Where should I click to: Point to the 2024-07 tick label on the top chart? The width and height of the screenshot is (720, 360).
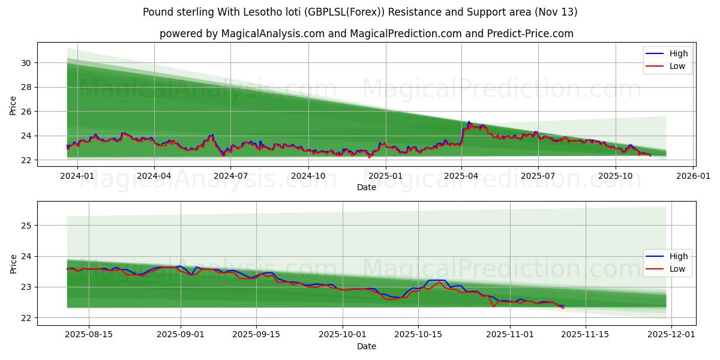coord(230,176)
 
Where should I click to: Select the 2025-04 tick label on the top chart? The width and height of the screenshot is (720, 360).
coord(461,176)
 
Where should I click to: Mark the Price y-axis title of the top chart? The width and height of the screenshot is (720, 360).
coord(13,106)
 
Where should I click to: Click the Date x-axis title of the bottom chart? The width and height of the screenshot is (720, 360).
coord(366,346)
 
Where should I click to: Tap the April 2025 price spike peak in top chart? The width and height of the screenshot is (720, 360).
coord(469,122)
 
